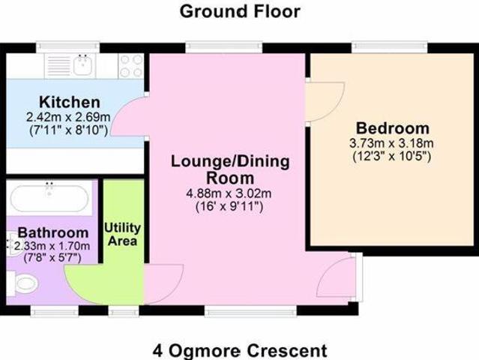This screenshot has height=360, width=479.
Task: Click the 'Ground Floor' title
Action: [x=240, y=11]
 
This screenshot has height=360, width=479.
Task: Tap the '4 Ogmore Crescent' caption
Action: [x=240, y=349]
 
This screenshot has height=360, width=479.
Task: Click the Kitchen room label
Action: [x=69, y=102]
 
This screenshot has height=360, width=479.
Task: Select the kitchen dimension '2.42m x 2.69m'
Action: [x=69, y=116]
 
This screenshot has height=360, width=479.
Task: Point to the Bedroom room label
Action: [x=392, y=127]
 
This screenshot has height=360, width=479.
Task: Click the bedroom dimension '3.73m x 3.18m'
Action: [x=392, y=142]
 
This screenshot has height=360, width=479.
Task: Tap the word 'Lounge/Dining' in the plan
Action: [x=219, y=161]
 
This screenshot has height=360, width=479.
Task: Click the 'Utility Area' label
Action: [x=122, y=234]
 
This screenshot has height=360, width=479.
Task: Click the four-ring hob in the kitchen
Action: [x=131, y=66]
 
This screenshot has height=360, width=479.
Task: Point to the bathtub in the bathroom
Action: [x=49, y=199]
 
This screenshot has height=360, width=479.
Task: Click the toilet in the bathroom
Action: [x=25, y=283]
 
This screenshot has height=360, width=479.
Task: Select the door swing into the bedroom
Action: [x=326, y=101]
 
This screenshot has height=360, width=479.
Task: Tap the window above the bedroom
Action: [x=390, y=47]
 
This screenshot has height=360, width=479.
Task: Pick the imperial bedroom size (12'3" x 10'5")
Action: [x=392, y=157]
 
